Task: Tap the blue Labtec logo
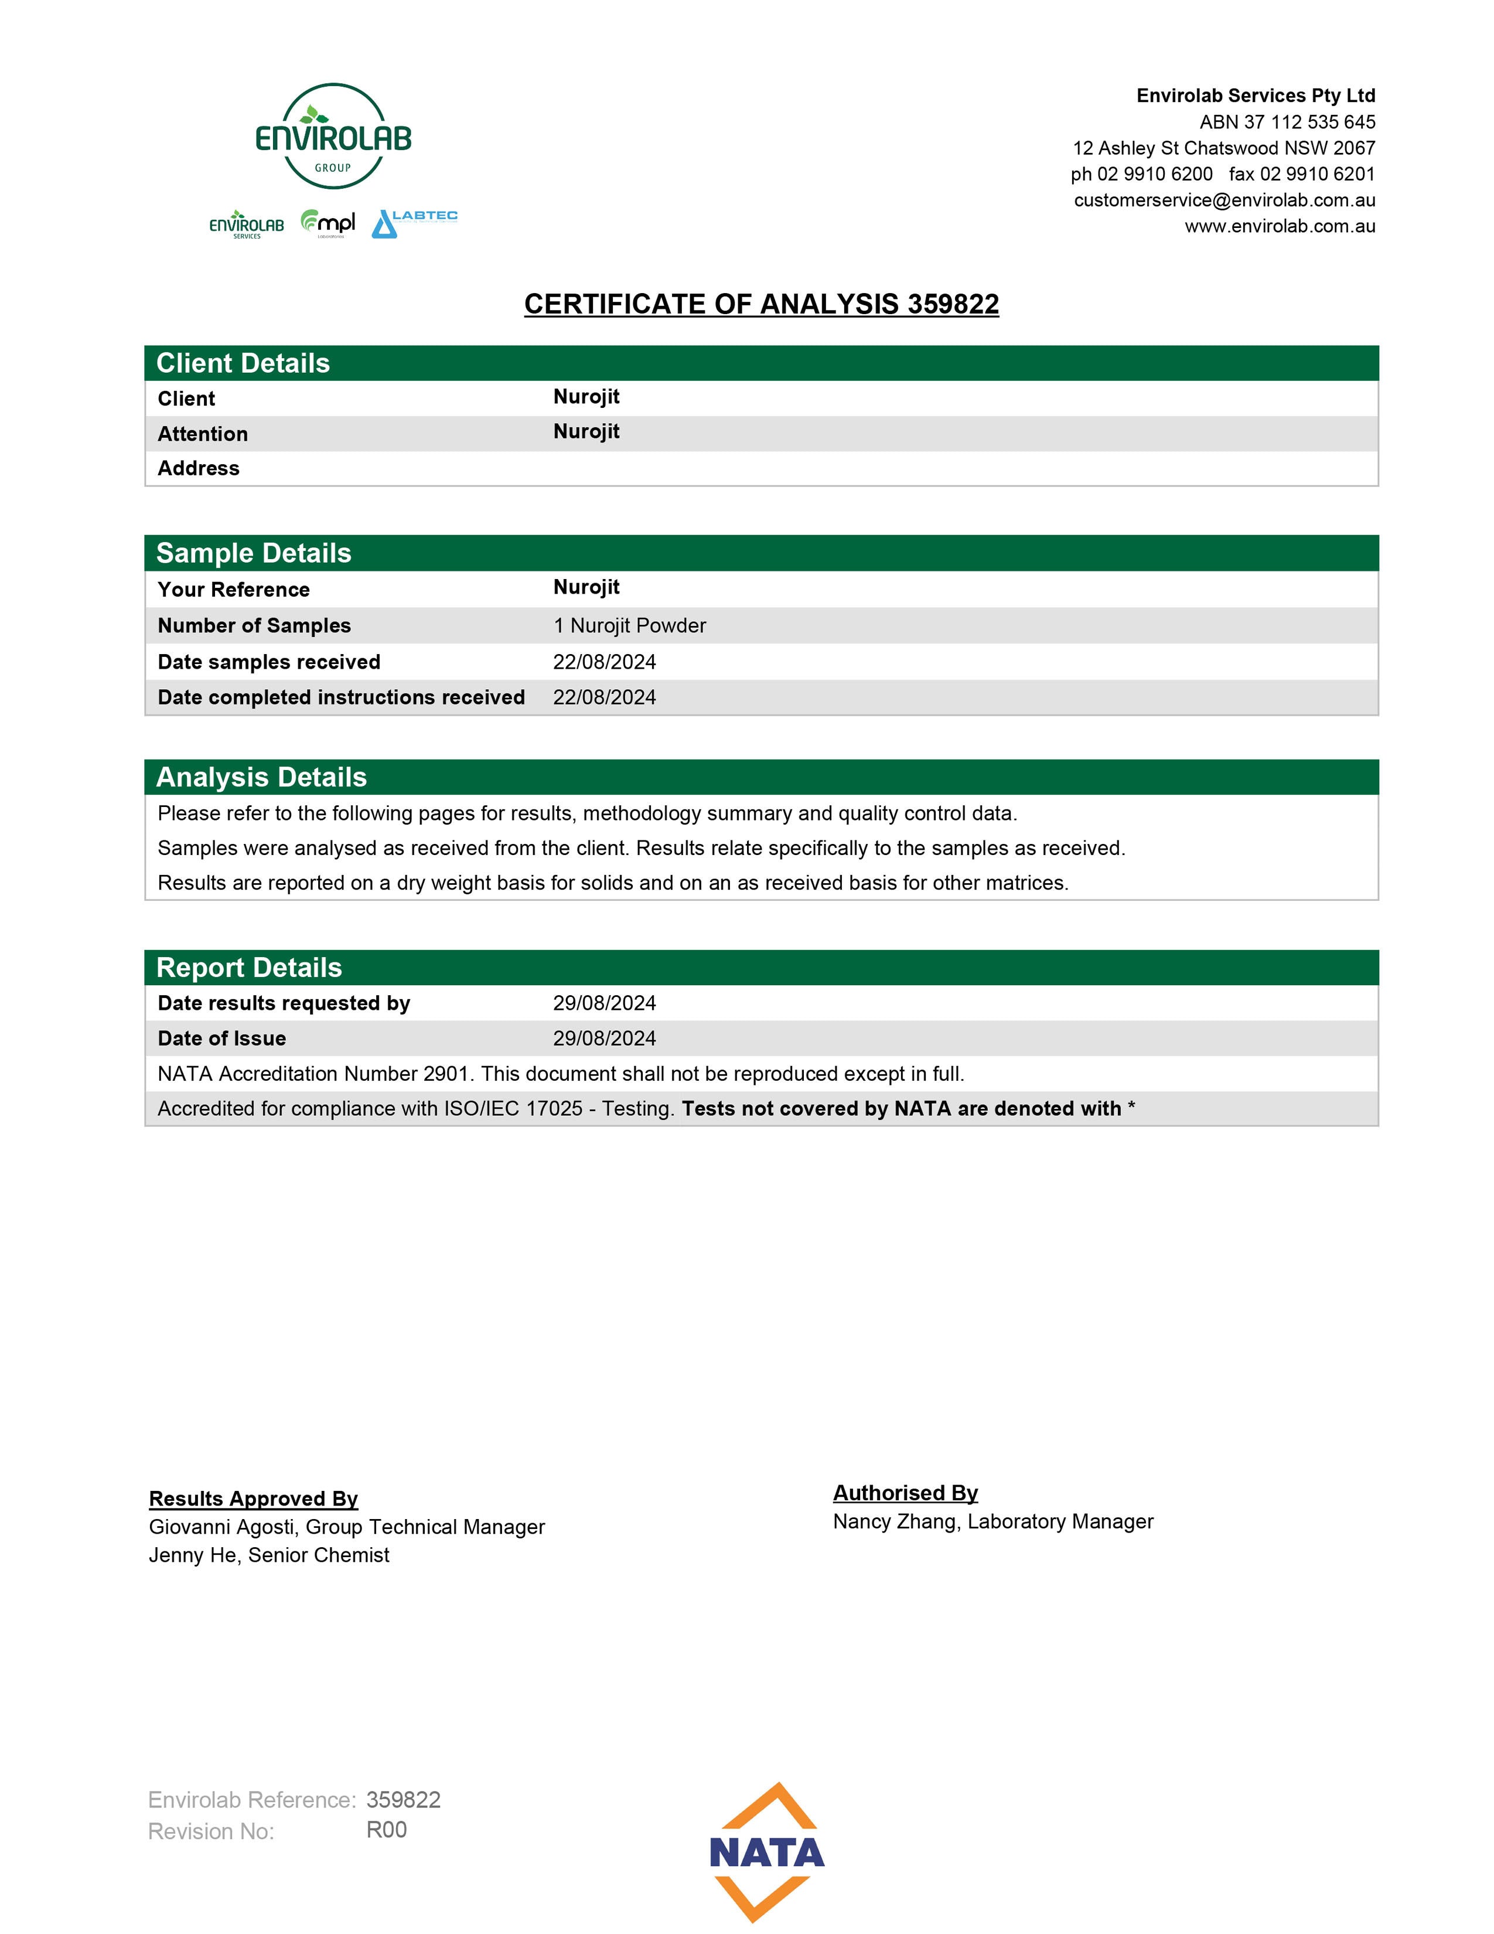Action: coord(414,223)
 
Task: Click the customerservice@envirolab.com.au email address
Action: coord(1224,200)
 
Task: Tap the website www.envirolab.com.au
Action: coord(1280,227)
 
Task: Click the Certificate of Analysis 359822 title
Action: coord(761,304)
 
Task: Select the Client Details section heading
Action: coord(243,363)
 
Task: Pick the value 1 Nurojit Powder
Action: coord(629,625)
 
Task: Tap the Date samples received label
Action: coord(268,662)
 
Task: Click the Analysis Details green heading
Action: coord(261,777)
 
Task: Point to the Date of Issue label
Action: coord(221,1038)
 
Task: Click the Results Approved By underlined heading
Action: coord(253,1499)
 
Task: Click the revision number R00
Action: coord(386,1830)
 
